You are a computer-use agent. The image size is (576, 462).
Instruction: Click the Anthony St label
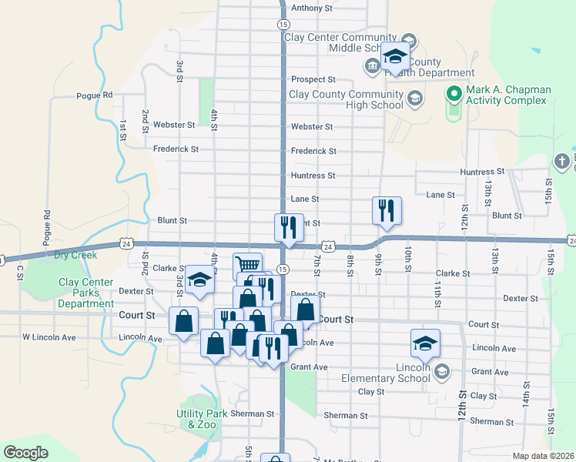coord(311,8)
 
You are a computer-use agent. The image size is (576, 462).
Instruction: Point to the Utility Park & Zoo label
coord(203,419)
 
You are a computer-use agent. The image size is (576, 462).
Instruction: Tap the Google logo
coord(25,453)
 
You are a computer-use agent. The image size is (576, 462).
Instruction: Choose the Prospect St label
coord(313,79)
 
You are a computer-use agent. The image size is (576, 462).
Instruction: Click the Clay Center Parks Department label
coord(86,293)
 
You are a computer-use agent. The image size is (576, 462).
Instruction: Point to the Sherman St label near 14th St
coord(491,422)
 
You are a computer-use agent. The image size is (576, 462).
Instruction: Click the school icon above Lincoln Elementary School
coord(425,343)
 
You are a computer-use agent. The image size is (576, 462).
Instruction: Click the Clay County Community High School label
coord(346,99)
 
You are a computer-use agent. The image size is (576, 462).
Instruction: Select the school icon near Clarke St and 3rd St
coord(199,279)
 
